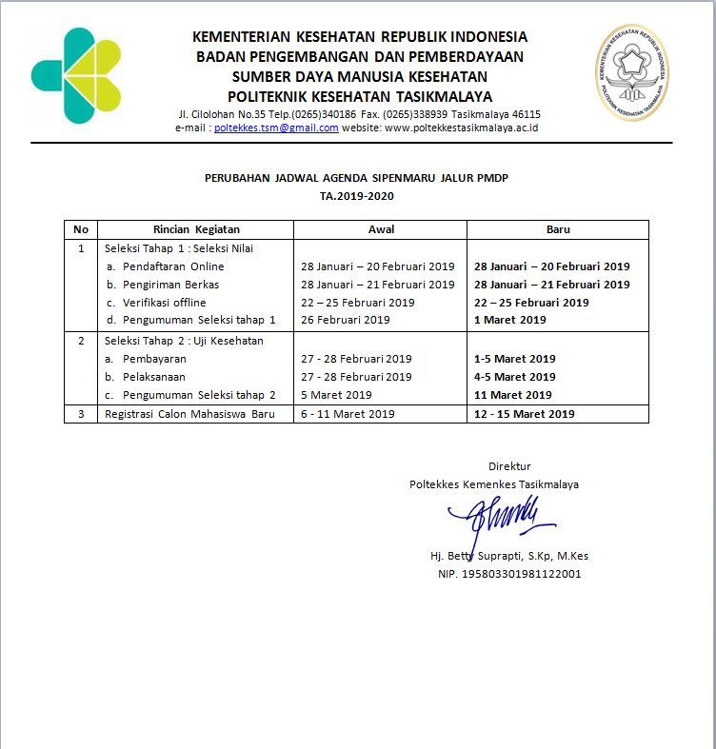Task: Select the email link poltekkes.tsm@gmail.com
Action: point(276,128)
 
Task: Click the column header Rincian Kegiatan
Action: point(196,229)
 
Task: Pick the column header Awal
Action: point(381,229)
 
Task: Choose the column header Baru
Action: point(558,229)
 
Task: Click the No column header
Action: point(81,229)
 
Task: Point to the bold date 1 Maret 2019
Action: point(510,320)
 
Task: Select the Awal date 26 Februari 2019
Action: point(345,320)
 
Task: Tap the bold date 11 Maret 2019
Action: point(513,395)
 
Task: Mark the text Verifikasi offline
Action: point(164,303)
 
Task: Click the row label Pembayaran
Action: point(154,359)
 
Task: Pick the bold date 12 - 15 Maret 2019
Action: point(524,414)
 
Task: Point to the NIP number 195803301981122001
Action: point(509,574)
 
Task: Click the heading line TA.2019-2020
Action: point(357,196)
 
